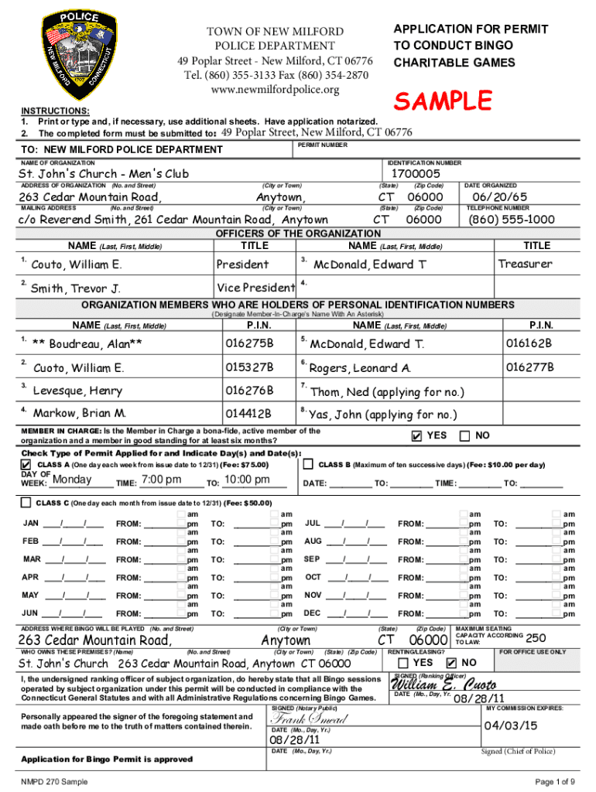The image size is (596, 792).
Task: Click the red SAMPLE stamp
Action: [x=443, y=101]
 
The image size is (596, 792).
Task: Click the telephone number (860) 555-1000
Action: [x=512, y=220]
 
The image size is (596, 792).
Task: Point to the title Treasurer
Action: [x=525, y=265]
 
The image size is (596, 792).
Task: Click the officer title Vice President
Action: [x=255, y=288]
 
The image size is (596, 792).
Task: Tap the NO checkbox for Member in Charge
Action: [x=465, y=436]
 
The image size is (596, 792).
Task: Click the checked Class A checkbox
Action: [x=26, y=465]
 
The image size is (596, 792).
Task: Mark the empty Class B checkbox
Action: [x=308, y=465]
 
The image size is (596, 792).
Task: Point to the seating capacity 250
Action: [x=536, y=638]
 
